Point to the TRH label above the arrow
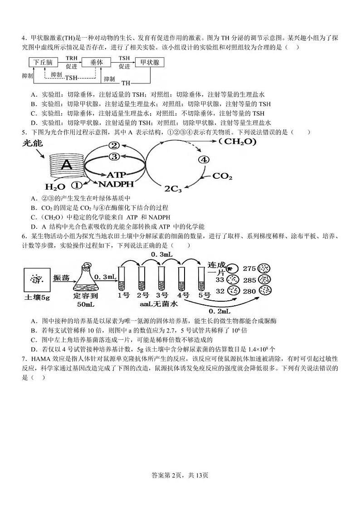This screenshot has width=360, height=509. click(71, 59)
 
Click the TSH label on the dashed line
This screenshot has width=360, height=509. click(71, 78)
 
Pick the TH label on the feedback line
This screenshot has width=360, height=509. click(126, 83)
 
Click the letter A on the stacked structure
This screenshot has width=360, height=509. click(67, 166)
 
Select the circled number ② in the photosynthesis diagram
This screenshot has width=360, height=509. click(114, 146)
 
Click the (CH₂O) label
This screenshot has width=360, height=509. click(237, 142)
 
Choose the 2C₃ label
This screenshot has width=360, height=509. click(173, 188)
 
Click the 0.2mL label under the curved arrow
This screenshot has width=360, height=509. click(220, 311)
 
